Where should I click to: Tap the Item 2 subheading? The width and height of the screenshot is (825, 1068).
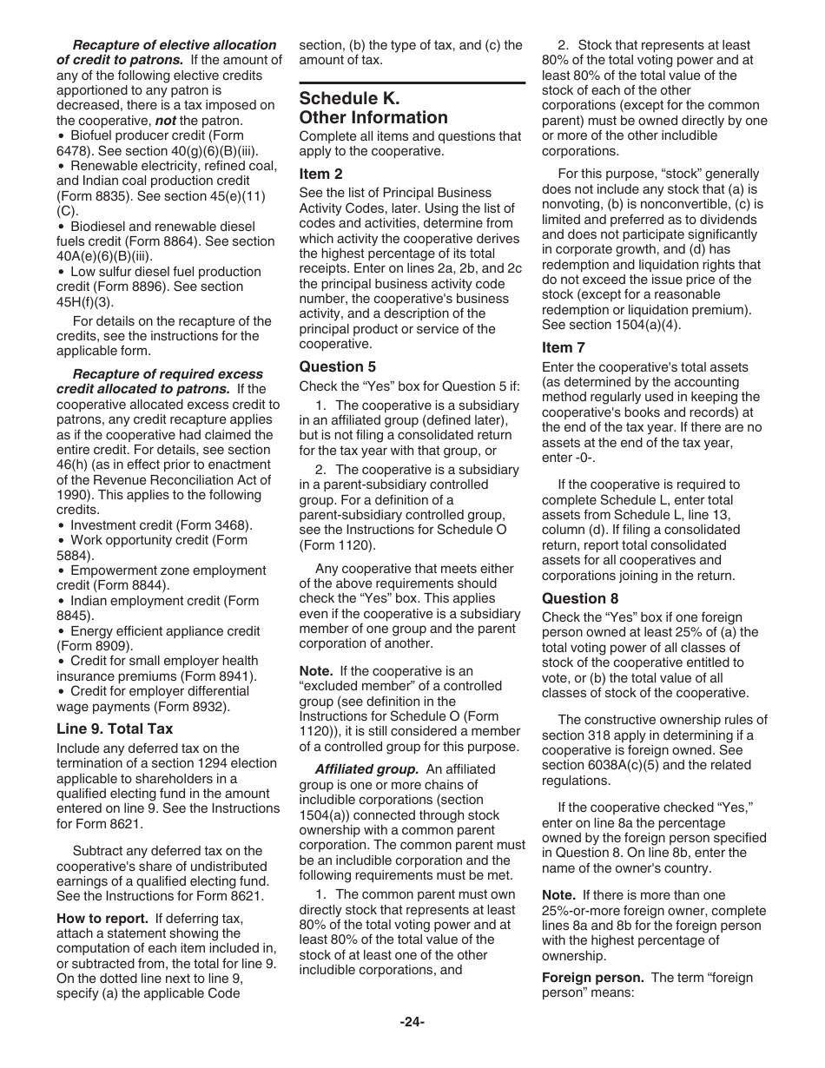tap(320, 174)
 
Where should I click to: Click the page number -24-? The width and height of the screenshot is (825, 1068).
tap(412, 1022)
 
